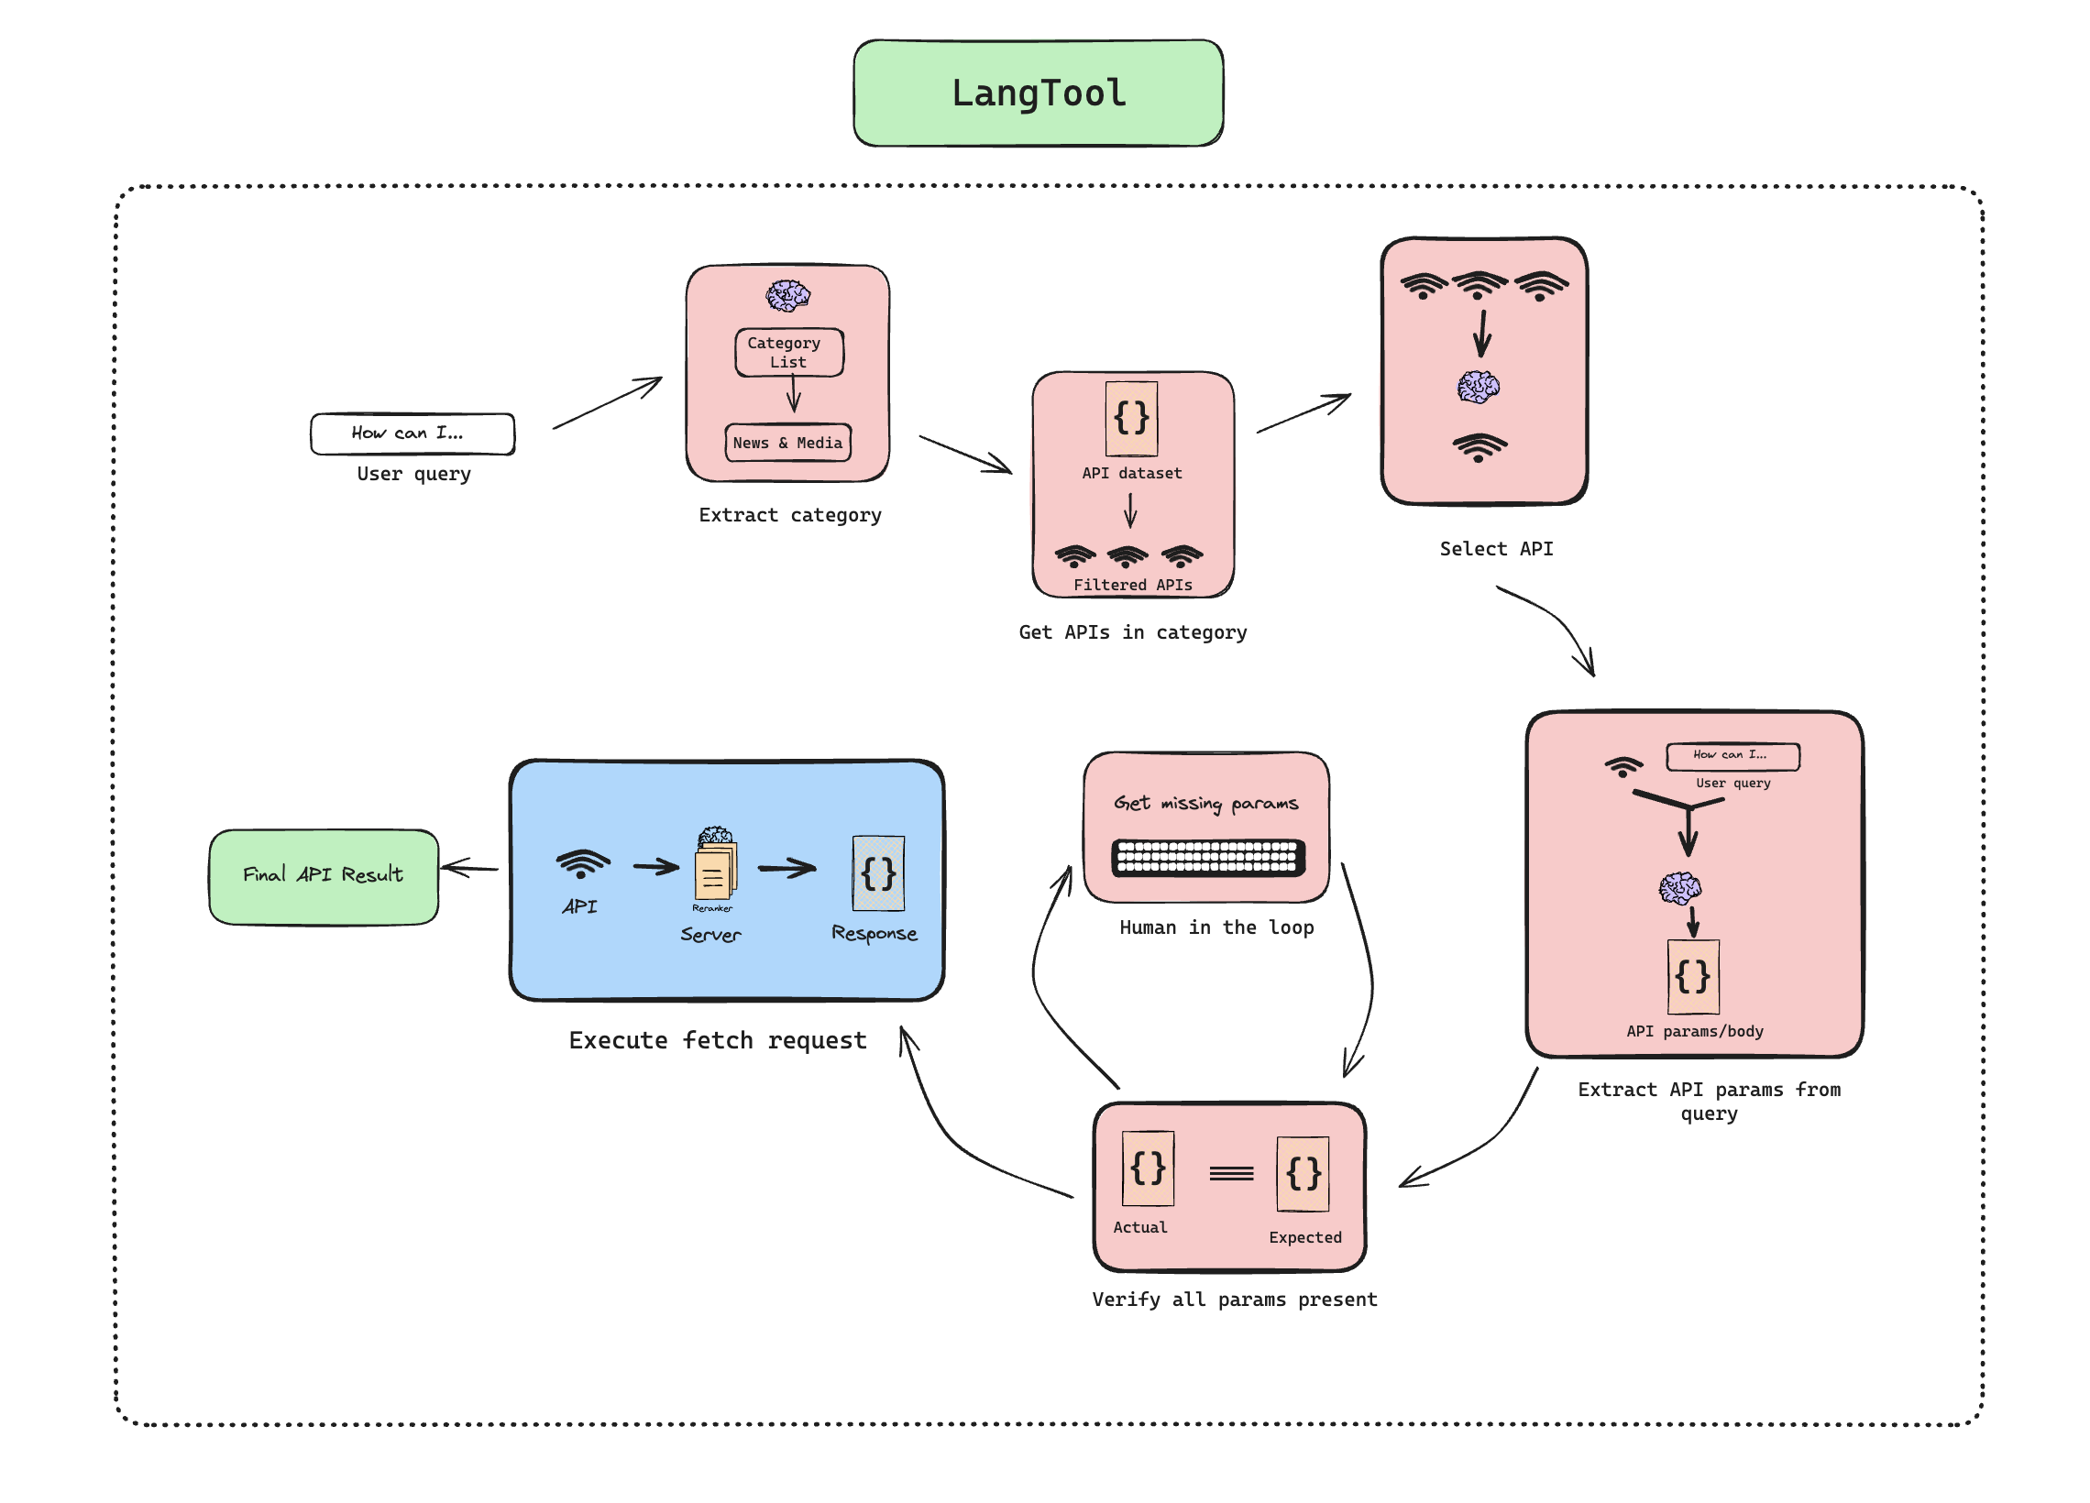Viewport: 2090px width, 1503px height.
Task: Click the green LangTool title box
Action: click(1038, 93)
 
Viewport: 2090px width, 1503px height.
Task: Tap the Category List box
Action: click(788, 352)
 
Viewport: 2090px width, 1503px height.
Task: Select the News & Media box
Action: click(787, 443)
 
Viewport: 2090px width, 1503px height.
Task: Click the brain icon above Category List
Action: click(788, 296)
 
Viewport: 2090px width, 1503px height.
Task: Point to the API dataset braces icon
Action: click(1130, 419)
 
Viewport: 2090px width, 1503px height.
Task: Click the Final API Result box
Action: click(324, 876)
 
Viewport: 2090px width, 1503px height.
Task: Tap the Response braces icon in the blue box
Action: click(877, 872)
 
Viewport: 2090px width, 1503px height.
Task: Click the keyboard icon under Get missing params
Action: click(1207, 857)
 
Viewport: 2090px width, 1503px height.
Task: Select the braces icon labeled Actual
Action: click(1148, 1168)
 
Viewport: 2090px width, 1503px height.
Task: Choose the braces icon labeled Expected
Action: click(1302, 1173)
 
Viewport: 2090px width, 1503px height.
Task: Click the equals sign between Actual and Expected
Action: click(1231, 1173)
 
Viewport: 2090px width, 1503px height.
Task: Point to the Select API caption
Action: click(1496, 549)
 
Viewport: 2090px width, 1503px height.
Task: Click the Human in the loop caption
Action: click(1216, 927)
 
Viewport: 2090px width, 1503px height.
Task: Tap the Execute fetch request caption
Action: click(717, 1040)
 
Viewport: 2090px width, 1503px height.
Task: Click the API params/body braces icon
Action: click(1693, 976)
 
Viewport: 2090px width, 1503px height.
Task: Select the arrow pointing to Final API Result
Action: click(470, 867)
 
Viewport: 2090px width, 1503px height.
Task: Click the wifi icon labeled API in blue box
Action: click(582, 863)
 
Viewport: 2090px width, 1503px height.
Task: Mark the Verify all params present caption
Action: click(1234, 1300)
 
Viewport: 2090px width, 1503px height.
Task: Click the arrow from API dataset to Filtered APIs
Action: click(1129, 510)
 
